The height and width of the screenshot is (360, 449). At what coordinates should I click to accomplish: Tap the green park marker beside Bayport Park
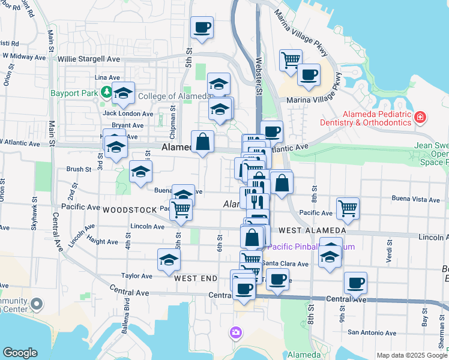click(x=107, y=92)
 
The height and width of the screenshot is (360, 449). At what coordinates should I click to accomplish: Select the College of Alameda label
click(x=174, y=96)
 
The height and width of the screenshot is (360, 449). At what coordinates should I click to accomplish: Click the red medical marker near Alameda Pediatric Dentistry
click(x=421, y=116)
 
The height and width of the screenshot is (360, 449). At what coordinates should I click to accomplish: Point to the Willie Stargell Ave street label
click(x=89, y=59)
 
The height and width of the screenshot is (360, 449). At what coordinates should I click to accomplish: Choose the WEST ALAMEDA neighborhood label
click(x=312, y=230)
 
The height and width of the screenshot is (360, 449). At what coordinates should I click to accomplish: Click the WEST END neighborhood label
click(x=195, y=278)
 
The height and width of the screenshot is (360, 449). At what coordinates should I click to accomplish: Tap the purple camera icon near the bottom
click(x=236, y=332)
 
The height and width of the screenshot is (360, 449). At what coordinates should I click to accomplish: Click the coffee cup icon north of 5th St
click(x=202, y=27)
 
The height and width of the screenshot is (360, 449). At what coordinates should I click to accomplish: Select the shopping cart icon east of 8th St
click(x=348, y=209)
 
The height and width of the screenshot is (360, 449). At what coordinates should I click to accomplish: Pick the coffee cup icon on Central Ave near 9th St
click(x=355, y=283)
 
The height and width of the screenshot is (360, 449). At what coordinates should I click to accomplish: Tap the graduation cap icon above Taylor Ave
click(x=169, y=260)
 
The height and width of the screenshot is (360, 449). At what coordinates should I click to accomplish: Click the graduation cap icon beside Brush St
click(x=140, y=172)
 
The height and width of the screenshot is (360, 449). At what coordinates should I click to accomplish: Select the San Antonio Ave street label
click(x=372, y=332)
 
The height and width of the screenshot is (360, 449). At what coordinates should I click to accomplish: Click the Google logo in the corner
click(x=20, y=352)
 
